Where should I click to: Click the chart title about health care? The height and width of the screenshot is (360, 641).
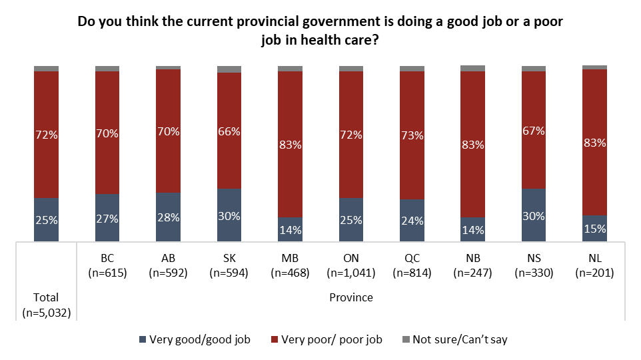pyautogui.click(x=320, y=31)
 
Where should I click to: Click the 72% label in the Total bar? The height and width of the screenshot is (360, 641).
pyautogui.click(x=47, y=135)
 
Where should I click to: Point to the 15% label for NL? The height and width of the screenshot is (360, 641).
pyautogui.click(x=594, y=229)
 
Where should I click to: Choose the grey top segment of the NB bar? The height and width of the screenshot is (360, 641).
pyautogui.click(x=472, y=68)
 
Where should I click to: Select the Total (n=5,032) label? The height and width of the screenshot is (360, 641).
pyautogui.click(x=47, y=304)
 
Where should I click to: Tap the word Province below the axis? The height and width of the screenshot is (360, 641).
pyautogui.click(x=351, y=297)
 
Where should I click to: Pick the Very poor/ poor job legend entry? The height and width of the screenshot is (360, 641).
pyautogui.click(x=326, y=340)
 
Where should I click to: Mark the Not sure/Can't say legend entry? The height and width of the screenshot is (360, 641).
pyautogui.click(x=452, y=340)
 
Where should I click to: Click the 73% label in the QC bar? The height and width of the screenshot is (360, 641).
pyautogui.click(x=412, y=135)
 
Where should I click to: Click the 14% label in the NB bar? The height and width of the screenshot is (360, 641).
pyautogui.click(x=472, y=230)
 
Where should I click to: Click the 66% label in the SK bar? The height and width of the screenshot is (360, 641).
pyautogui.click(x=229, y=132)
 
